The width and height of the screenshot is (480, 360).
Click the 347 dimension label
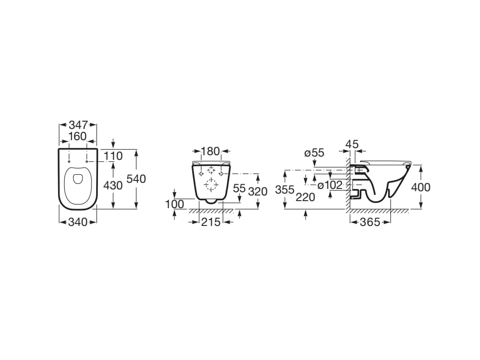[x=78, y=125]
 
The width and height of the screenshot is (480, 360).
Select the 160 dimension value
[x=77, y=136]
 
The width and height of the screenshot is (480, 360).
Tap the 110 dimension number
[x=112, y=156]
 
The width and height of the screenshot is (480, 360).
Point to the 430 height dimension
[x=112, y=185]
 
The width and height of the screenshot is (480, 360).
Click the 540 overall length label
[x=136, y=179]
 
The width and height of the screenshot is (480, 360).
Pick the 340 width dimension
[x=78, y=222]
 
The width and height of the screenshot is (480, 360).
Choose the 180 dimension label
[x=210, y=151]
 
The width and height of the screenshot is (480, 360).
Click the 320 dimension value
[x=258, y=191]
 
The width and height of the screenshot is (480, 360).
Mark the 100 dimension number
[x=174, y=204]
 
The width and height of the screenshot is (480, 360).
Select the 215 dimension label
[x=210, y=222]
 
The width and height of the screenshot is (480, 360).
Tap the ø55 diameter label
[x=314, y=153]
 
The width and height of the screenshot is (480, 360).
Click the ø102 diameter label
[x=330, y=185]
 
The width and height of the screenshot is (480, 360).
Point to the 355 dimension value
[x=285, y=190]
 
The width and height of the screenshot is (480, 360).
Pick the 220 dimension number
[x=306, y=197]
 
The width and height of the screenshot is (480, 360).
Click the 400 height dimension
[x=420, y=187]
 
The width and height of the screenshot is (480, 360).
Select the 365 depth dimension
[x=370, y=222]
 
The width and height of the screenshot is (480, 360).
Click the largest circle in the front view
[x=210, y=186]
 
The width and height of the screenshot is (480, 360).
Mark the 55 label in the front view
[x=239, y=188]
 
